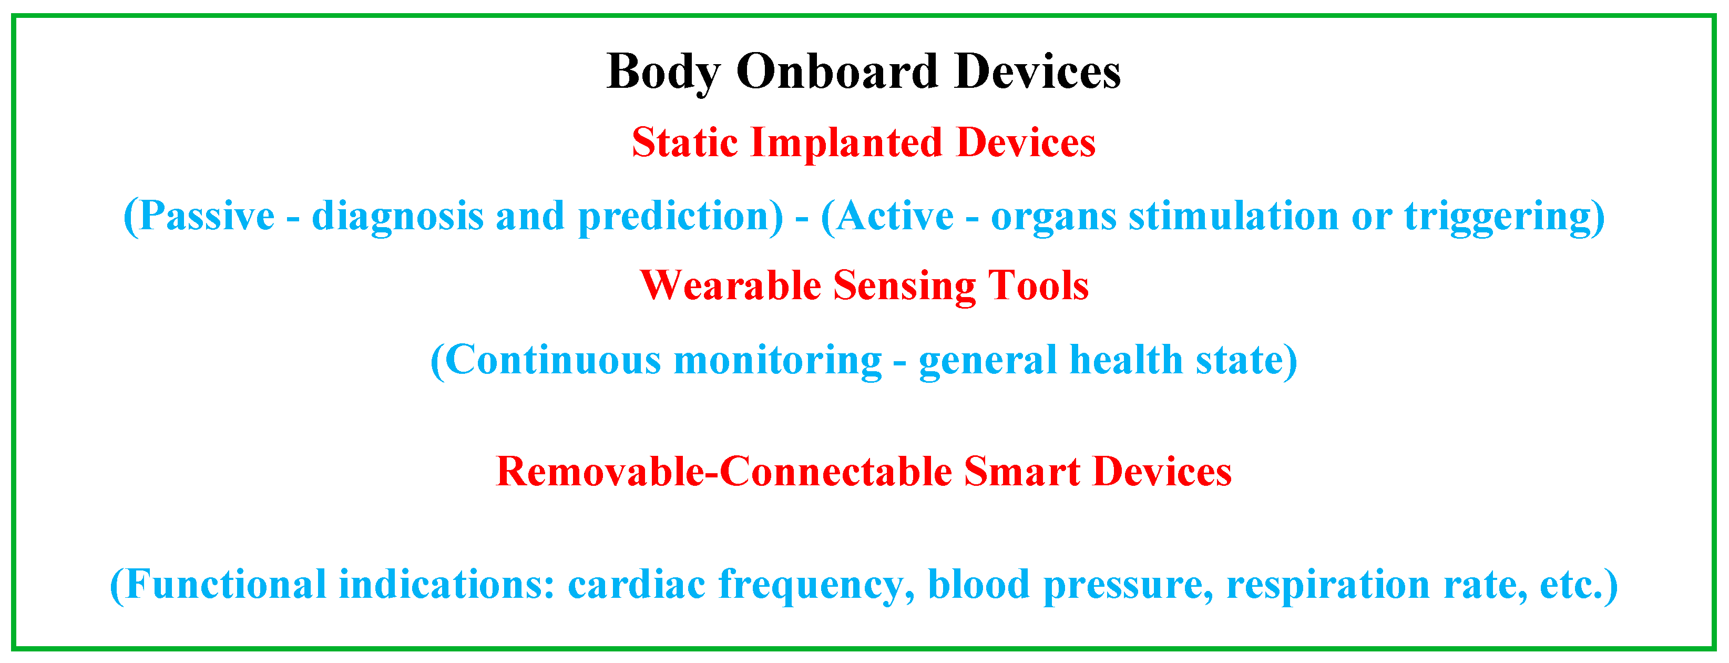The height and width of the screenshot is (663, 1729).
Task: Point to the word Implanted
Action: [x=846, y=144]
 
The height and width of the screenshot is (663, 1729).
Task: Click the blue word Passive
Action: [x=199, y=216]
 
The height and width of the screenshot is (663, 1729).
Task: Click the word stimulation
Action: [x=1234, y=216]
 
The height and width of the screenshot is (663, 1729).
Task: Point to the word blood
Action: [x=979, y=584]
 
